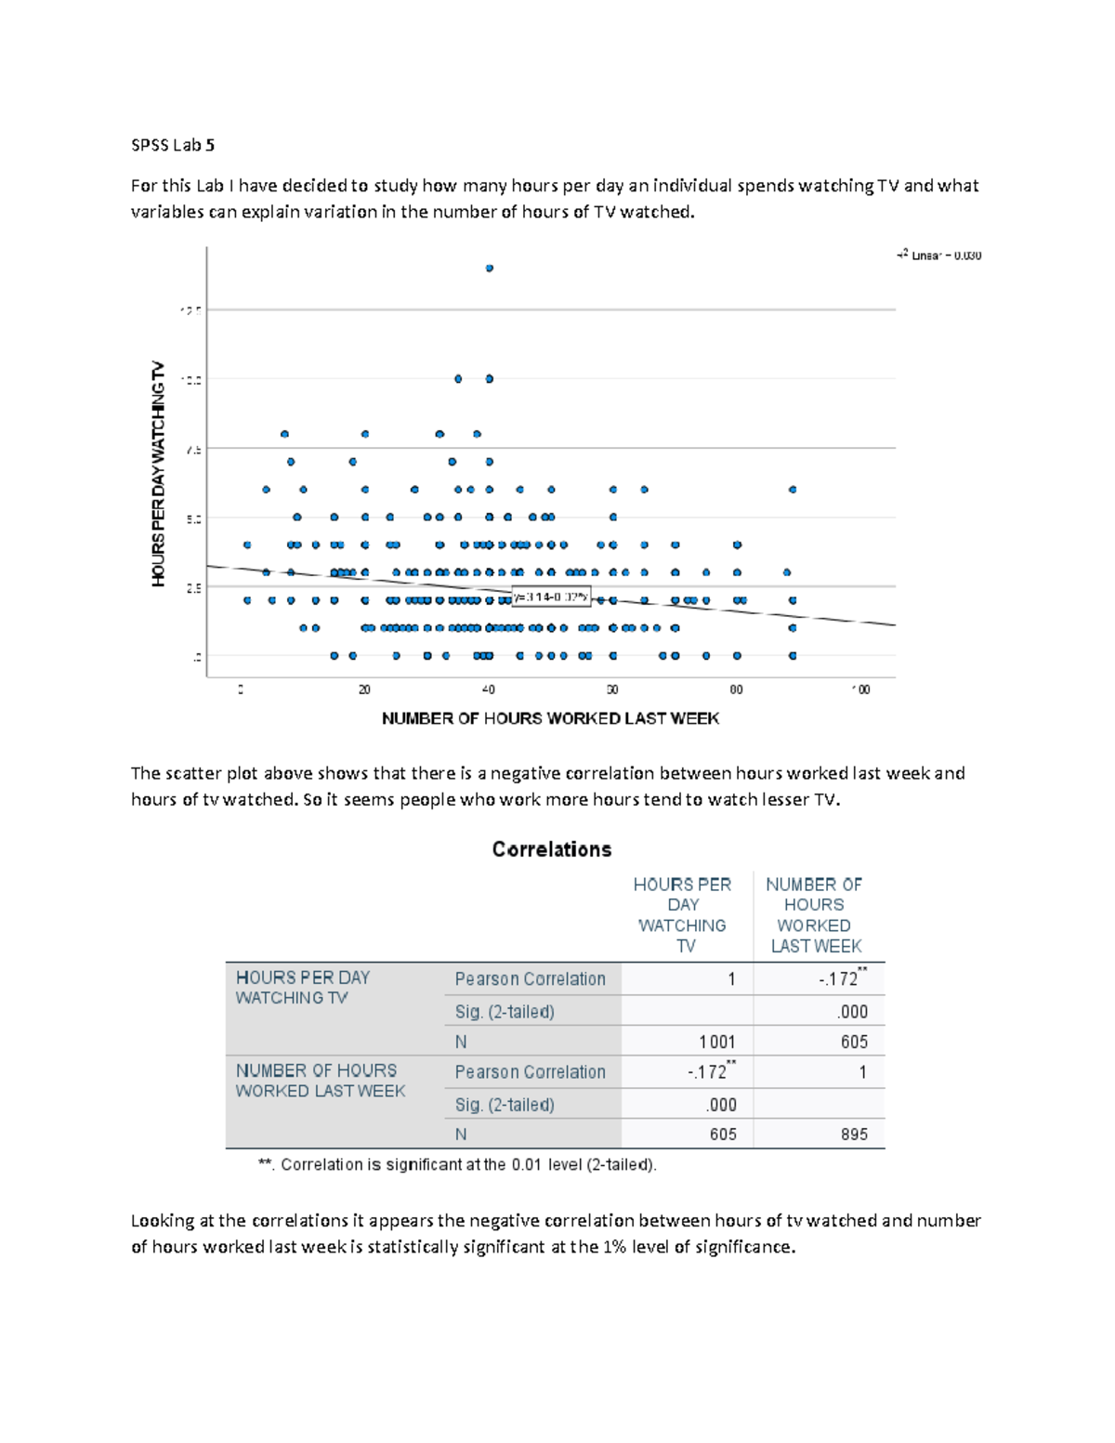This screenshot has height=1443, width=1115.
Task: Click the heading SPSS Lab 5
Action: tap(173, 145)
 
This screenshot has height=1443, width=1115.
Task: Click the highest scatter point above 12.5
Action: tap(490, 269)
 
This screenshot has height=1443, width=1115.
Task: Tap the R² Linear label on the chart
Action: tap(939, 256)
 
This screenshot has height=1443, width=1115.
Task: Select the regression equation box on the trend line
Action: tap(551, 597)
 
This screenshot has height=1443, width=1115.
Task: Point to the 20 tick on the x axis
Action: tap(364, 689)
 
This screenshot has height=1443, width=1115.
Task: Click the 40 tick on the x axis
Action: tap(489, 689)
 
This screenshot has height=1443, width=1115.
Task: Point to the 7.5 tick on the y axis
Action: tap(192, 450)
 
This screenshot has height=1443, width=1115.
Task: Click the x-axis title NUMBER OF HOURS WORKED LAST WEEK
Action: tap(550, 718)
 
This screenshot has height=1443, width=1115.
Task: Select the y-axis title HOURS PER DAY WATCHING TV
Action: tap(159, 473)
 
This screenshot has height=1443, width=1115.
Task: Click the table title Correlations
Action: tap(552, 849)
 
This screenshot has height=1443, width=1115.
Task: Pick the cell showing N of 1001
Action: tap(716, 1042)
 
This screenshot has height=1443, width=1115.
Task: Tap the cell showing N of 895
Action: tap(853, 1135)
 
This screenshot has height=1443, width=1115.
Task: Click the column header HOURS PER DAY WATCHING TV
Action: tap(683, 915)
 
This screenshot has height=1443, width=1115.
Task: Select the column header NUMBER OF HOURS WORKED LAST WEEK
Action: tap(815, 915)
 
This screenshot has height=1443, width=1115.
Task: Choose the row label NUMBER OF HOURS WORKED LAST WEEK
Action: tap(320, 1081)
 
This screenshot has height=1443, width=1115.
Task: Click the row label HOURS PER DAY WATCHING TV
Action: tap(303, 988)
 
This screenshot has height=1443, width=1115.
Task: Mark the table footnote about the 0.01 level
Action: tap(457, 1164)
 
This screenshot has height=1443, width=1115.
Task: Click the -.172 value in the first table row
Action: tap(838, 979)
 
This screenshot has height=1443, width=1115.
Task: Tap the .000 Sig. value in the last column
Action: tap(852, 1012)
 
